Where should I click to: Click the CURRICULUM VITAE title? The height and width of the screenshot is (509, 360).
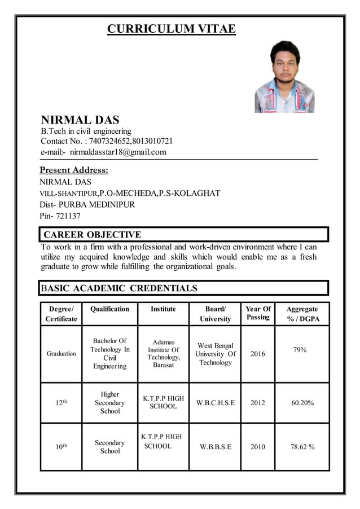click(172, 29)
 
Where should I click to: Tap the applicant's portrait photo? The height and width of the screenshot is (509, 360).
click(284, 76)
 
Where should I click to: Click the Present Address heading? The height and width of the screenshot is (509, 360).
click(74, 170)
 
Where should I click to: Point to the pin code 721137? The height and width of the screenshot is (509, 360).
click(68, 216)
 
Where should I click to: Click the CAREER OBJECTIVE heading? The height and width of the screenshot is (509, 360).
click(93, 235)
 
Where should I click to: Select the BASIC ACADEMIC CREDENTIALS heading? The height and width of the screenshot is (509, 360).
click(119, 288)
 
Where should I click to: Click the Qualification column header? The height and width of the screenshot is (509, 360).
click(109, 309)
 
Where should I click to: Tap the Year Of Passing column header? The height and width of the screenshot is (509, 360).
click(258, 313)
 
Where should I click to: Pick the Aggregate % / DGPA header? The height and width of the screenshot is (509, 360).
click(302, 314)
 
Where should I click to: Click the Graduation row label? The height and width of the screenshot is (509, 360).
click(62, 354)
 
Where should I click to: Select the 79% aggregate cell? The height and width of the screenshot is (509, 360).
click(300, 350)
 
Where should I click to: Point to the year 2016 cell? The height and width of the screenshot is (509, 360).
click(258, 354)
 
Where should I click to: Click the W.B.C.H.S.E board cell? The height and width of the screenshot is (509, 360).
click(215, 403)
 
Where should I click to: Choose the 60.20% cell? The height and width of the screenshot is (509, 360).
click(302, 403)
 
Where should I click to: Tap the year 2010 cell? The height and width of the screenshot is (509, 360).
click(258, 447)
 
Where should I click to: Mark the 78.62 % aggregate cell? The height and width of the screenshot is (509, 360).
click(302, 447)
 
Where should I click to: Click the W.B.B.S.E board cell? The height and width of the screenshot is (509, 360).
click(215, 447)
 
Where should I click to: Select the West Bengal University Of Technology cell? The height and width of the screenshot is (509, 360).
click(215, 354)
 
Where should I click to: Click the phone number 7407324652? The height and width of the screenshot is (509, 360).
click(106, 141)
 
